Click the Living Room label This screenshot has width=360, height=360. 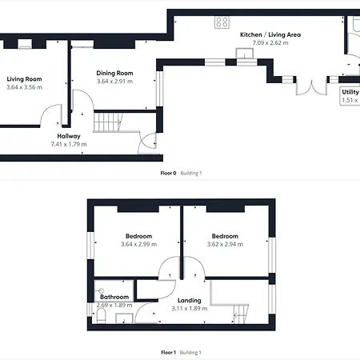(24, 79)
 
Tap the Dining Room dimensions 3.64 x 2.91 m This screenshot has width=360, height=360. (114, 82)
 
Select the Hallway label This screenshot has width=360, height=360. (69, 136)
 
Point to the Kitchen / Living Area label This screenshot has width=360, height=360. (270, 34)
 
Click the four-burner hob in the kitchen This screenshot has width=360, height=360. (222, 22)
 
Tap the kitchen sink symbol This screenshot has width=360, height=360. (245, 53)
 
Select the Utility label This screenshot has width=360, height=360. (350, 92)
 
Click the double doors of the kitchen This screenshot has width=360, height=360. (311, 86)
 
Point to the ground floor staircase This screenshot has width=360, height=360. (108, 122)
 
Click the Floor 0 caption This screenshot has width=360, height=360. (168, 173)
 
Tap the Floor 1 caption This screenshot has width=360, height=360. (168, 353)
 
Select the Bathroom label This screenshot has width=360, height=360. (114, 297)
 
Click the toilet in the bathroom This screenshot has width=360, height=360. (101, 318)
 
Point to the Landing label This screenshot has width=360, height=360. (190, 300)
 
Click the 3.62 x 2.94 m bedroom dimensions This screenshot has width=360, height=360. (225, 244)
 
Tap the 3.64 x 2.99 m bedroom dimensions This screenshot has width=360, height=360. (138, 244)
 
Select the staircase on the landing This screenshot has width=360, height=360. (241, 314)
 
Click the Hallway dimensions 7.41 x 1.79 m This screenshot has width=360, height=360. (69, 144)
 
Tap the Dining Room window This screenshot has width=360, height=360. (159, 89)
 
